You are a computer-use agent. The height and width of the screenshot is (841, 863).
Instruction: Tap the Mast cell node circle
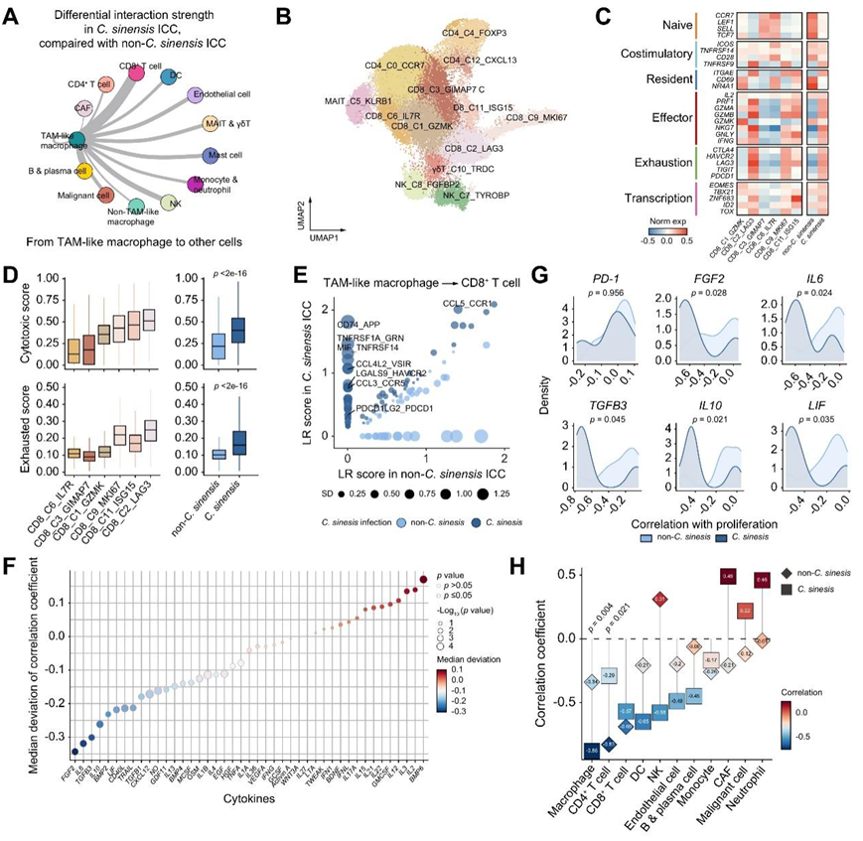pos(210,156)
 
